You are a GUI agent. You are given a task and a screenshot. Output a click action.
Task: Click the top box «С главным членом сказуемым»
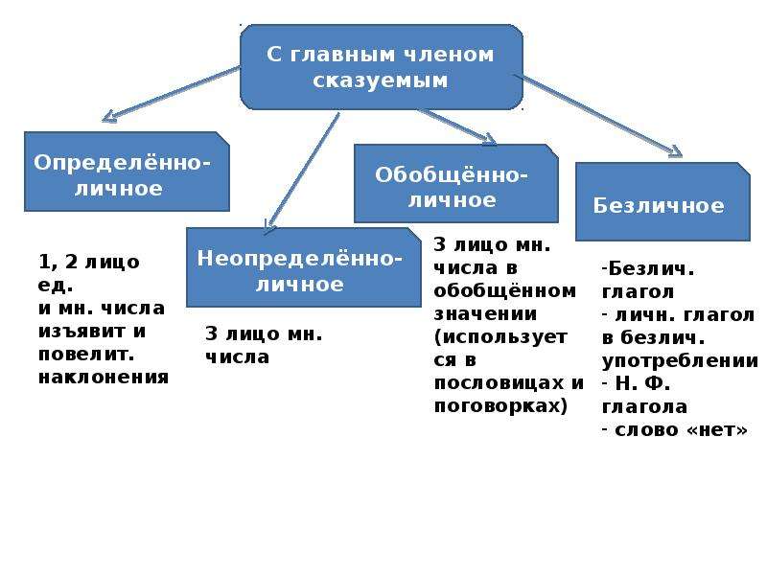382,67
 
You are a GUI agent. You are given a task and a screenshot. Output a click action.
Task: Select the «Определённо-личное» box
127,172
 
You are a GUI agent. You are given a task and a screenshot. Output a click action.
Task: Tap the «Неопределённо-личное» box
303,267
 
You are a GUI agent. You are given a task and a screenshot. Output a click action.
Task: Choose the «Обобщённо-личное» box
456,183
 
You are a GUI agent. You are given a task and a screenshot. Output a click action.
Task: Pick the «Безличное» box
662,201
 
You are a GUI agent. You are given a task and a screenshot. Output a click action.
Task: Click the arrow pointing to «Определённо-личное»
172,94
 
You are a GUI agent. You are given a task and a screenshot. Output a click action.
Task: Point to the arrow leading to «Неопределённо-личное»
302,173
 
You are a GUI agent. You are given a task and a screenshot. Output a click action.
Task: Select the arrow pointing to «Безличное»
597,116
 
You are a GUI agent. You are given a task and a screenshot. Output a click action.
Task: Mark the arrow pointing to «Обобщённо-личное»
458,127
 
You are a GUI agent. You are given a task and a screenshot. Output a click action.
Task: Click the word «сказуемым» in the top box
381,80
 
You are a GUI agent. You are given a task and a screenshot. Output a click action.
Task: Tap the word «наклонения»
104,378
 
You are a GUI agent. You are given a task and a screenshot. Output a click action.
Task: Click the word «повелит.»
86,355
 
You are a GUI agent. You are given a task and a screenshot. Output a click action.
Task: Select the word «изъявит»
81,332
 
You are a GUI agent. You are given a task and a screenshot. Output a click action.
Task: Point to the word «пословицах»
500,382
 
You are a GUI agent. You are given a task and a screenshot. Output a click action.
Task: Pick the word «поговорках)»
500,406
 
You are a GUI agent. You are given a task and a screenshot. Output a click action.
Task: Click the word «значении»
485,314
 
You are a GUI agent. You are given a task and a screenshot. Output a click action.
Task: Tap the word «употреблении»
680,361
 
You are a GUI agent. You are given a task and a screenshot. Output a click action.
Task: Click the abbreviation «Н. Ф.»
642,383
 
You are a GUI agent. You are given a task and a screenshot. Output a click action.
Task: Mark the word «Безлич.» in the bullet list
651,269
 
